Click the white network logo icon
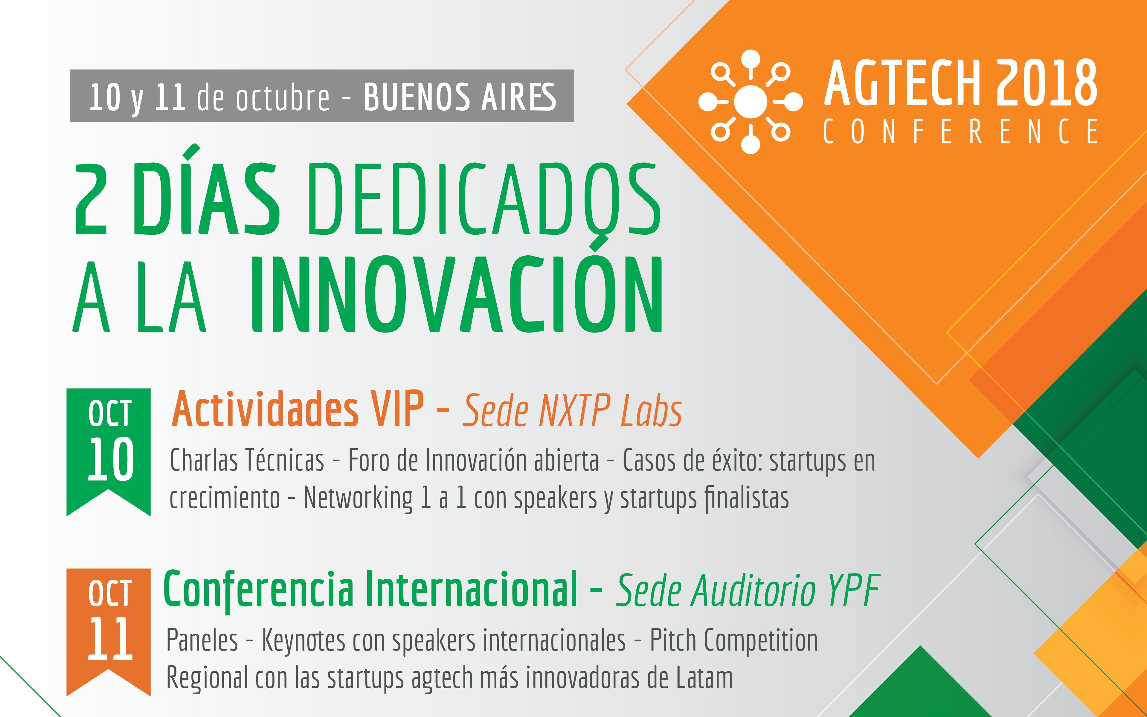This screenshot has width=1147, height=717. pyautogui.click(x=751, y=101)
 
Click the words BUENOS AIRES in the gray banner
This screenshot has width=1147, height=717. pyautogui.click(x=460, y=97)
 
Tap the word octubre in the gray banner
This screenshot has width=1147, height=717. pyautogui.click(x=283, y=98)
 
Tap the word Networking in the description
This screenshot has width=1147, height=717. pyautogui.click(x=358, y=498)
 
